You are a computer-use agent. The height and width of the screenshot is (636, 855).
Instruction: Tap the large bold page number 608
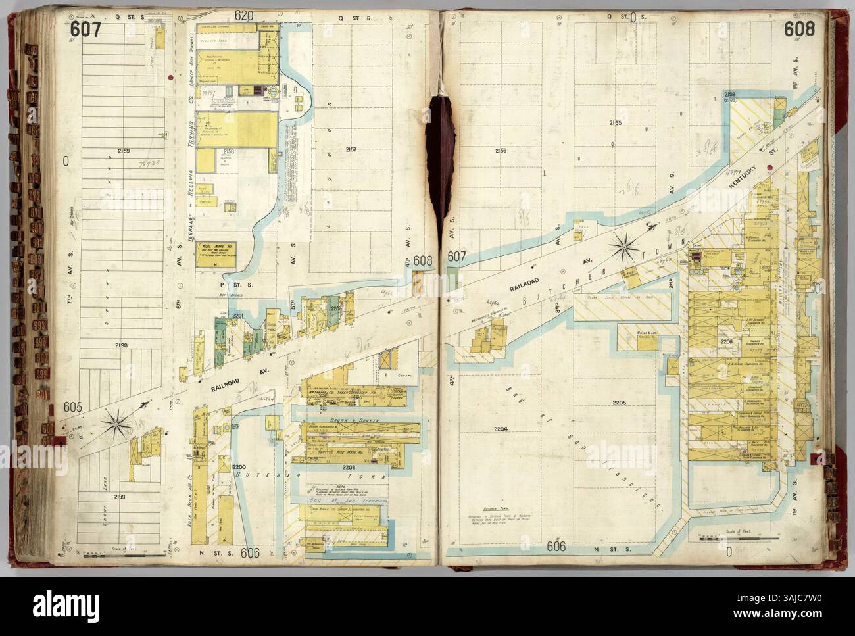tap(798, 29)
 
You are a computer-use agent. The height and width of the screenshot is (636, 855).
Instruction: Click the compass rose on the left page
tap(120, 422)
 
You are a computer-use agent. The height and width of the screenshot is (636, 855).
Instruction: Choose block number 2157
tap(351, 150)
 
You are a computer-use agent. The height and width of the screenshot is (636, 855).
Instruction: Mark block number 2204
tap(502, 429)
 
